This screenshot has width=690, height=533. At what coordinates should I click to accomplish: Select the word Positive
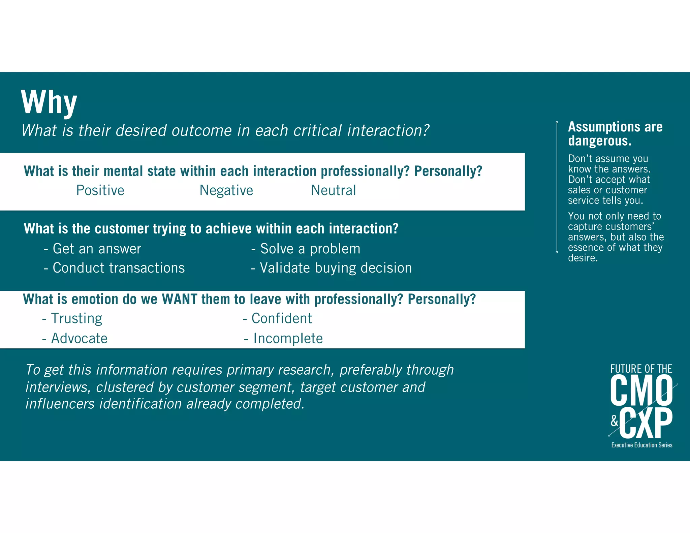coord(100,190)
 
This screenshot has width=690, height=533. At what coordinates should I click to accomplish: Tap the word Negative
coord(226,190)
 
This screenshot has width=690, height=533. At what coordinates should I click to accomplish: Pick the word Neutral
coord(333,190)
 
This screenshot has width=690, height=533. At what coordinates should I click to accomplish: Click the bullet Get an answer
coord(97,249)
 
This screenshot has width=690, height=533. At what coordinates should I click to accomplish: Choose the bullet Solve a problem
coord(310,249)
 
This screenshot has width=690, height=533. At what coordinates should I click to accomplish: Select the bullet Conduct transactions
coord(119,268)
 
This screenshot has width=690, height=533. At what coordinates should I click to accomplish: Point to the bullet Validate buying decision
coord(336,268)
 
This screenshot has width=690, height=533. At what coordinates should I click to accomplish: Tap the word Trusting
coord(76,319)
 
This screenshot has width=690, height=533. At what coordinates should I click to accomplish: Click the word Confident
coord(282,319)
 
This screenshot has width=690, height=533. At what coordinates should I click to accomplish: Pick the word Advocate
coord(79,339)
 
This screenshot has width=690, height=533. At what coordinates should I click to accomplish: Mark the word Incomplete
coord(288,339)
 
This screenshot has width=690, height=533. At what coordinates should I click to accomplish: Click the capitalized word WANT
coord(179,299)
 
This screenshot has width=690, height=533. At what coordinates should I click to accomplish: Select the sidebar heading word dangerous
coord(600,141)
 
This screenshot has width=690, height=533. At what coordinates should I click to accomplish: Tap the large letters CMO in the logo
coord(641,391)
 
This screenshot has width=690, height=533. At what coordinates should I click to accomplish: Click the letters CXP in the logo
coord(646,423)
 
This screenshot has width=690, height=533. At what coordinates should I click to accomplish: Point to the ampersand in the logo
coord(615,421)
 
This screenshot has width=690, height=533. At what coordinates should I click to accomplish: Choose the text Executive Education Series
coord(642,445)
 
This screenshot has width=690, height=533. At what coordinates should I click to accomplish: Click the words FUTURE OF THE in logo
coord(641,369)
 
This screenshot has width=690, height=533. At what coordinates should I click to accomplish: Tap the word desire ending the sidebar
coord(583,258)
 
